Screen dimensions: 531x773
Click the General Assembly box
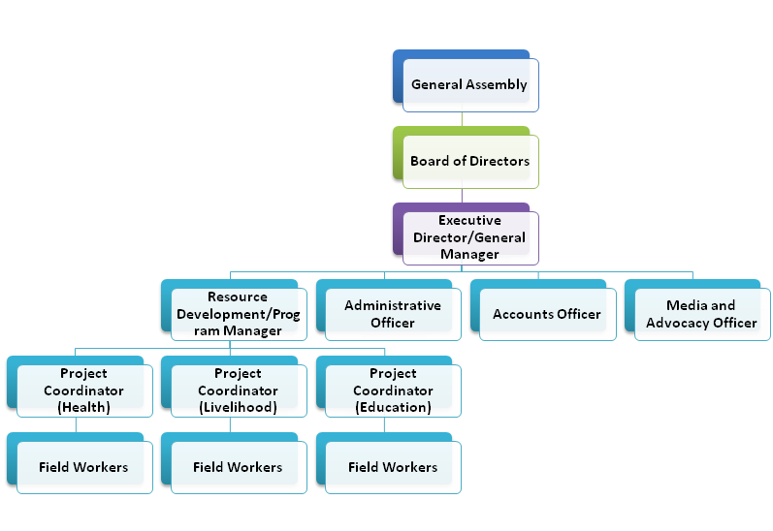coord(469,85)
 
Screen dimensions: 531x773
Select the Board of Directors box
coord(469,162)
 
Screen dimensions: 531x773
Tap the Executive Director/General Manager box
coord(469,238)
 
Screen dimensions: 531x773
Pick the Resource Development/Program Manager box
coord(238,314)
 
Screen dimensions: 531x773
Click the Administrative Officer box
coord(393,314)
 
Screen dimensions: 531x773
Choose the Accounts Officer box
coord(547,315)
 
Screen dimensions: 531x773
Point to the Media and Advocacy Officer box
coord(701,314)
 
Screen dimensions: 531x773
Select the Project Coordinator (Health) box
coord(83,390)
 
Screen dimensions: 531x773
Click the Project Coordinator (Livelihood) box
coord(238,390)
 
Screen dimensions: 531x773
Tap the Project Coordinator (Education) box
coord(393,390)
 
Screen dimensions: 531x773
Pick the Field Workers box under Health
coord(83,467)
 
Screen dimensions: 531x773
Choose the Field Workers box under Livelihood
coord(238,467)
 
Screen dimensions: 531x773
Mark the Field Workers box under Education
coord(393,467)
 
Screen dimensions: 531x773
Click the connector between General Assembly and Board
coord(462,119)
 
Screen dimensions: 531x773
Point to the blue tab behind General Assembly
coord(398,78)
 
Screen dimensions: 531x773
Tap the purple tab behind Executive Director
coord(398,231)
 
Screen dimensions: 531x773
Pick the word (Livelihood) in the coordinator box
coord(238,408)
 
